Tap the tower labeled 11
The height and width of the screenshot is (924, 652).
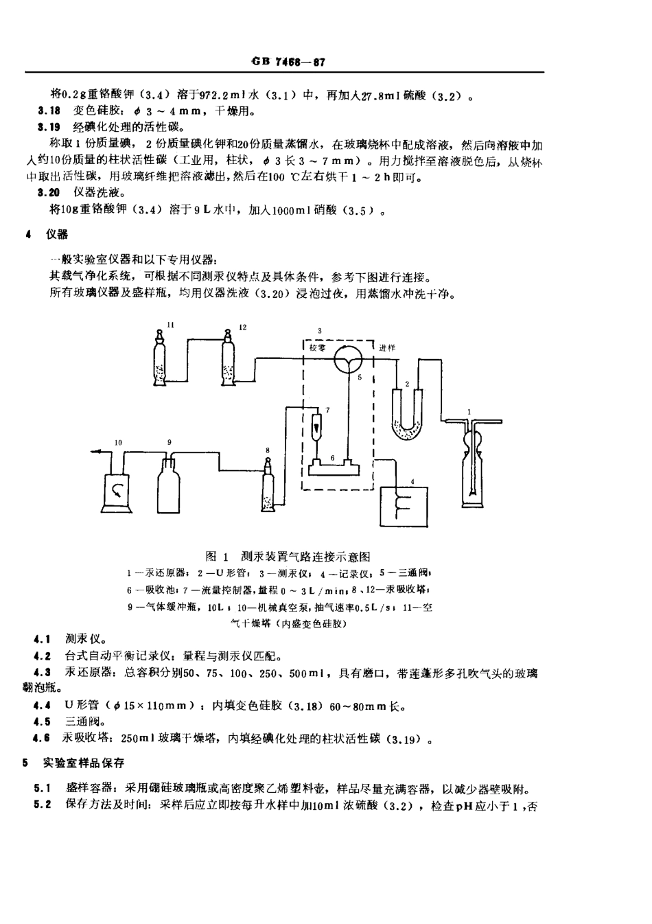(x=161, y=360)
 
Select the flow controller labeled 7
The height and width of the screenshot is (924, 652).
(x=317, y=426)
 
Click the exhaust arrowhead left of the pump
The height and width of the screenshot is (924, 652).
(x=93, y=451)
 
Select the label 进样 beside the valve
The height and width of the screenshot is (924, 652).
(x=388, y=348)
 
